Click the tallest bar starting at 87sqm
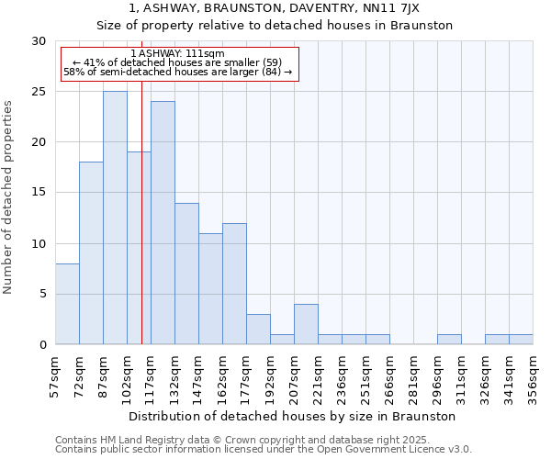(115, 218)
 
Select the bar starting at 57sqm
(67, 304)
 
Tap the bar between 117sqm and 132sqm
(163, 222)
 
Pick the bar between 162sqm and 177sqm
(234, 284)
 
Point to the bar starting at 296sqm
(449, 340)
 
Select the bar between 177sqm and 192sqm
(258, 329)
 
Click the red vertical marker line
(141, 229)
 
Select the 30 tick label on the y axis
(39, 41)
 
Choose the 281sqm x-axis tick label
(413, 375)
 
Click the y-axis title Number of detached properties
(9, 197)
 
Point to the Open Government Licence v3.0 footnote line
(264, 449)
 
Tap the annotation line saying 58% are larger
(177, 72)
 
